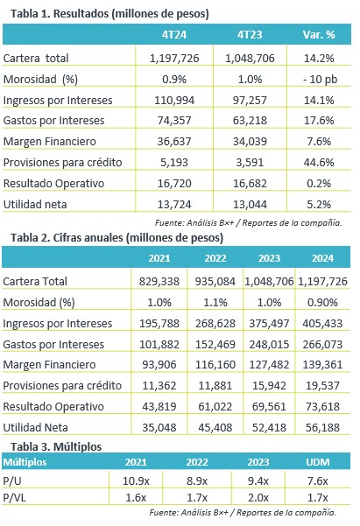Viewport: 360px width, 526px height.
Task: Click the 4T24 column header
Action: pos(174,34)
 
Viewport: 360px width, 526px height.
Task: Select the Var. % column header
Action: pos(319,34)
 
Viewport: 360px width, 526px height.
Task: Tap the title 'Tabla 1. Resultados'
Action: pos(60,14)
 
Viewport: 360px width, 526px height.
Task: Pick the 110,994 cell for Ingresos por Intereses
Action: pos(174,101)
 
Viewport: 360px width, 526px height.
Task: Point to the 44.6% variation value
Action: pos(319,163)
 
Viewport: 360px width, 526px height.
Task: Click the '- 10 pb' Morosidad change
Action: pos(320,80)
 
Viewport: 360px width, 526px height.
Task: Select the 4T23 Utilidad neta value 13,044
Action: pos(250,204)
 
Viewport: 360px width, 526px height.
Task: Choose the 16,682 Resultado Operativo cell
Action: pos(250,184)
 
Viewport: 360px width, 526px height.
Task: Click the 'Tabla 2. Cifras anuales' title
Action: pos(67,238)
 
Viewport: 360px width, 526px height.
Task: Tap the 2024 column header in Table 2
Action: pos(322,258)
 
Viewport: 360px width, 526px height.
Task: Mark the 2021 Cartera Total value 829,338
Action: pos(159,282)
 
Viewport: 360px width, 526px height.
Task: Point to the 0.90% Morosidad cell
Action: pos(322,303)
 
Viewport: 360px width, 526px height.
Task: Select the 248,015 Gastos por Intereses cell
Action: pos(269,345)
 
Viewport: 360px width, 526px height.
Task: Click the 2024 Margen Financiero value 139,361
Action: pos(322,365)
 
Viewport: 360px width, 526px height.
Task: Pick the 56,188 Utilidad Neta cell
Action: pos(322,428)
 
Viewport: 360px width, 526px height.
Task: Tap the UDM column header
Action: pos(318,462)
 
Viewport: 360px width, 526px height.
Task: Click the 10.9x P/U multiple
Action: pos(136,481)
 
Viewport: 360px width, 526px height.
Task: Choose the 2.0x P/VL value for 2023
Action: pos(258,498)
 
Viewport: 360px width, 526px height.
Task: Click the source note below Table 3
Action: pos(243,513)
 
